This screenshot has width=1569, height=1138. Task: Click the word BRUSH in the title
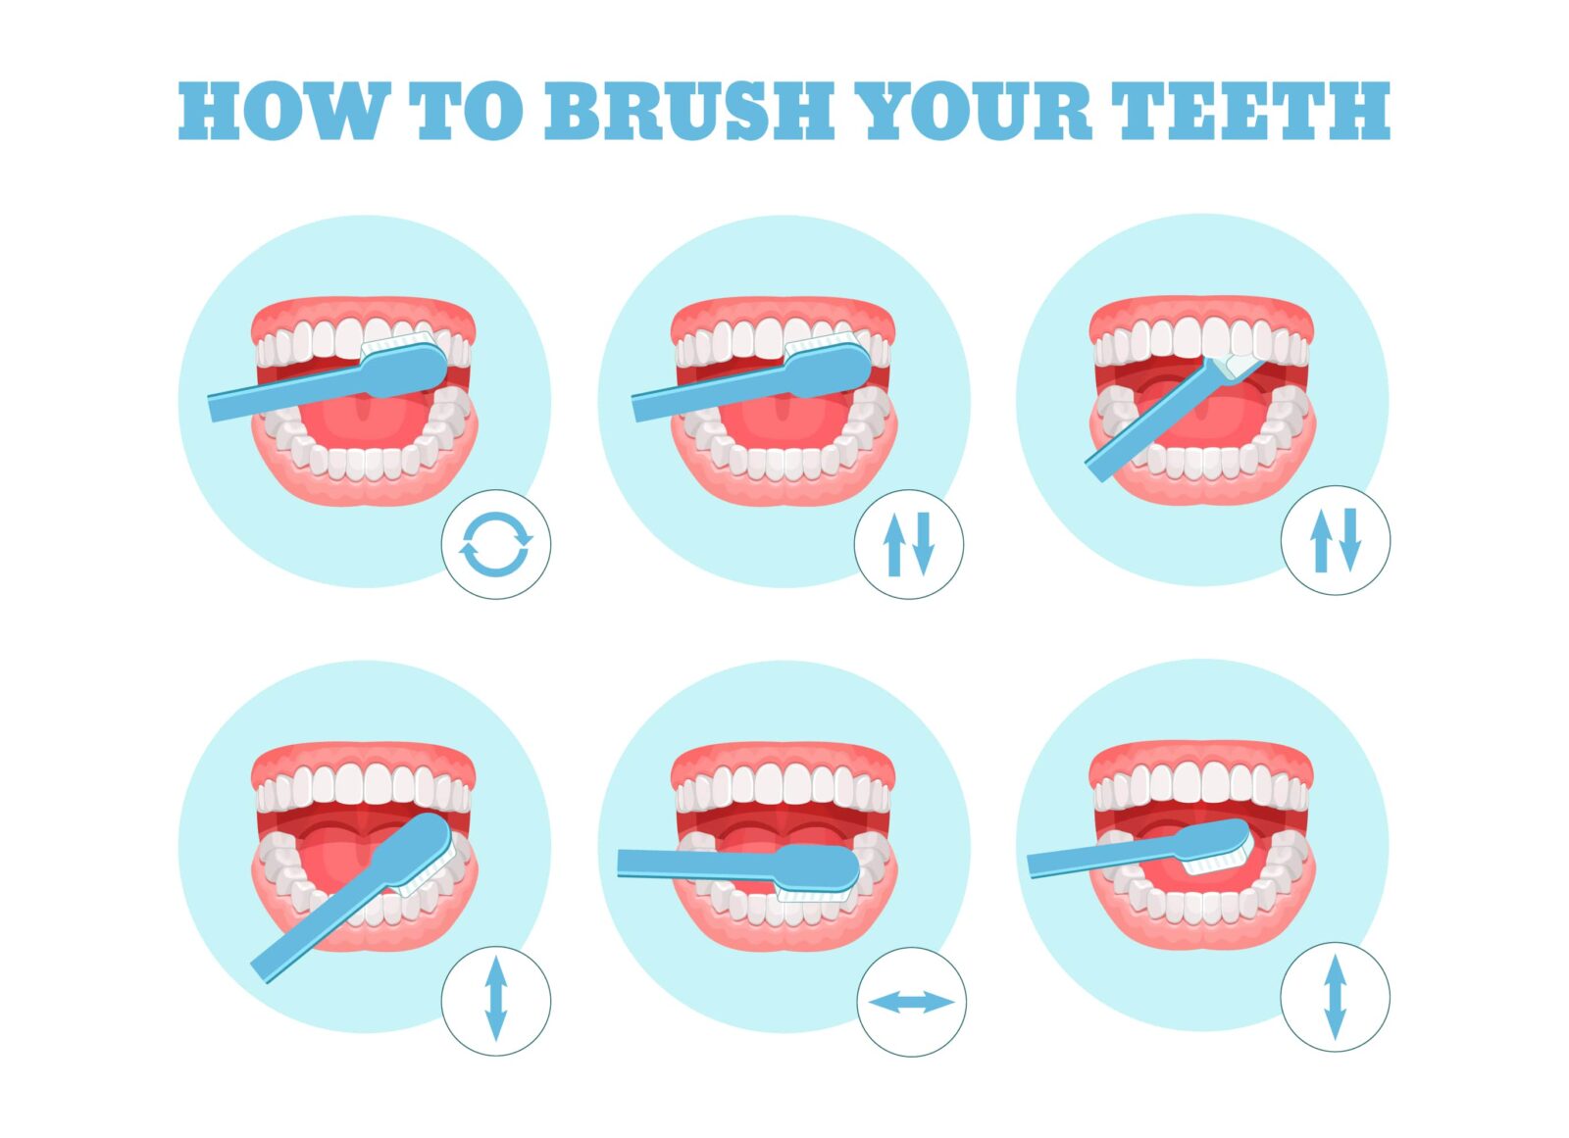coord(689,110)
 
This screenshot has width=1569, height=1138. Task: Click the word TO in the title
coord(466,110)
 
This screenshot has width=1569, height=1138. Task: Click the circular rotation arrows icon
coord(495,544)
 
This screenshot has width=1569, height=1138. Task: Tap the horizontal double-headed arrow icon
coord(911,1002)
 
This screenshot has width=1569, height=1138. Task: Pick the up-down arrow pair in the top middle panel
coord(909,544)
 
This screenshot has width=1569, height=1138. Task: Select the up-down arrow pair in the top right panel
coord(1336,540)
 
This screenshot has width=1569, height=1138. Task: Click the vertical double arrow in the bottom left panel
coord(495,1000)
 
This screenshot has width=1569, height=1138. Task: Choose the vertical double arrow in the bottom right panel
coord(1335,997)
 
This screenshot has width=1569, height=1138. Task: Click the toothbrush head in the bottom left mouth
coord(422,851)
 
